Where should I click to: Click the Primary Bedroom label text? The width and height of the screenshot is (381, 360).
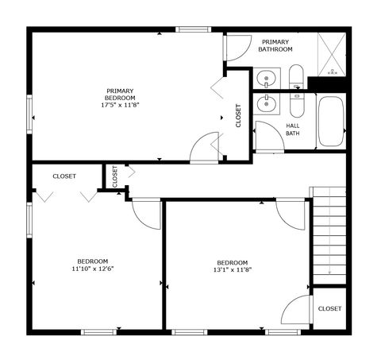click(x=120, y=94)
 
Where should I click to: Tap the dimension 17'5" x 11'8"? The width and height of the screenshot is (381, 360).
click(x=120, y=105)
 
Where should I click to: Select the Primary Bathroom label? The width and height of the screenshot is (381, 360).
click(x=275, y=45)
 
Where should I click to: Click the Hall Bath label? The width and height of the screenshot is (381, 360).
click(x=293, y=129)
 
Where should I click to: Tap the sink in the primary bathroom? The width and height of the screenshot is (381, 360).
click(x=266, y=79)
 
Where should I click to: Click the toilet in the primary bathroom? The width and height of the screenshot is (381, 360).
click(x=296, y=78)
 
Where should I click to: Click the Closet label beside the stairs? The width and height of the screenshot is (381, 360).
click(x=329, y=308)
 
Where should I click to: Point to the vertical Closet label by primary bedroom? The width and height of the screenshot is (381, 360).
click(x=238, y=116)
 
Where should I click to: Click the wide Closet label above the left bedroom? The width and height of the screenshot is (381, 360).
click(x=64, y=176)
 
